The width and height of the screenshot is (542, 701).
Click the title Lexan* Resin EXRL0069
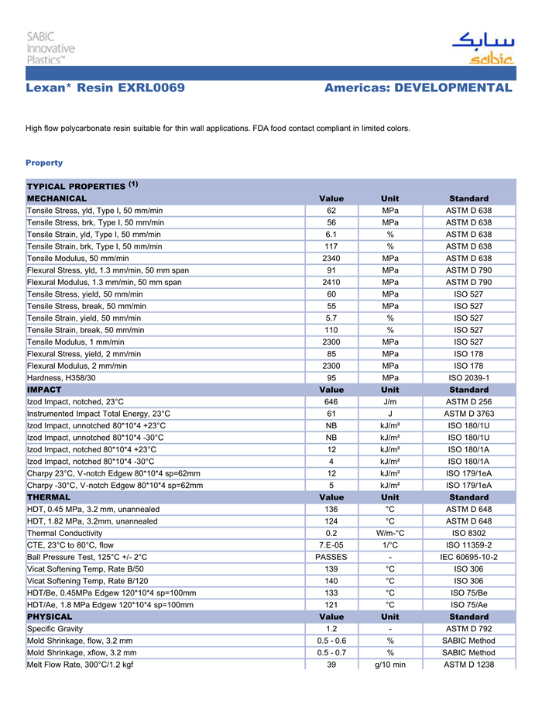(x=105, y=88)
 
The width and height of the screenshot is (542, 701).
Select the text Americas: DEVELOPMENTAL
(x=418, y=88)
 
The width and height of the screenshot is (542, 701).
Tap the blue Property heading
(x=44, y=163)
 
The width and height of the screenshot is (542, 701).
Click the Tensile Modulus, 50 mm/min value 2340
(x=331, y=258)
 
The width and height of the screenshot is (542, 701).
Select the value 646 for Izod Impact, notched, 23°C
(x=331, y=401)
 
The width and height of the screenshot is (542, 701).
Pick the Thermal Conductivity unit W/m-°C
(x=390, y=533)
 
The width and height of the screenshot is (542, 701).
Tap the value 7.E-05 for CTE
(x=331, y=545)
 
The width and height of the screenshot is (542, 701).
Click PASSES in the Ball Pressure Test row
(x=331, y=557)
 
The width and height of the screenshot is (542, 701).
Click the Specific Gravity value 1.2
(x=331, y=628)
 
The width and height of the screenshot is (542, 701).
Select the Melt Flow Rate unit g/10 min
(x=390, y=665)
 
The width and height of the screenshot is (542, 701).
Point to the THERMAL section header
(x=49, y=497)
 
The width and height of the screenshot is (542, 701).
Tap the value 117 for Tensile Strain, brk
(x=331, y=246)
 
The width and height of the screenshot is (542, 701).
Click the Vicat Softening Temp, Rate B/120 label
(x=87, y=580)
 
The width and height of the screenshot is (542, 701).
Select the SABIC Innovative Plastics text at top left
(x=51, y=47)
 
